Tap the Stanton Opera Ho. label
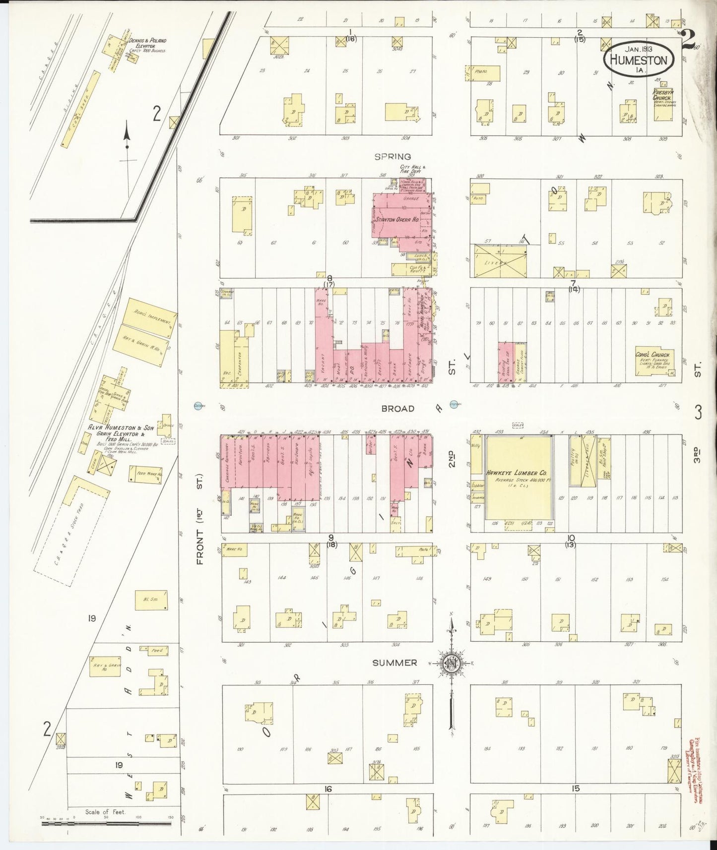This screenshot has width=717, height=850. click(x=397, y=219)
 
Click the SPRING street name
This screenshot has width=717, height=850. click(x=392, y=156)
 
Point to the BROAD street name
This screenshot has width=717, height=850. click(x=397, y=409)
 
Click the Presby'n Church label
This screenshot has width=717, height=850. click(x=662, y=95)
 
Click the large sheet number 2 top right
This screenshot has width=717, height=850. click(x=688, y=40)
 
